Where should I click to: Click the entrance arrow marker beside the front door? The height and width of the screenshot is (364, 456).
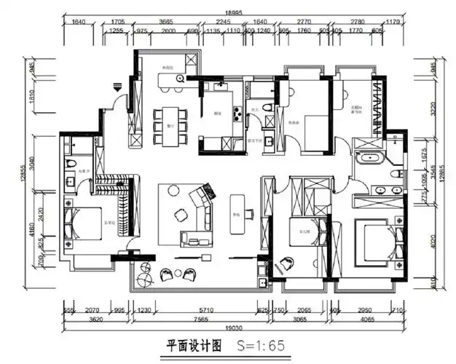coord(116,86)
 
